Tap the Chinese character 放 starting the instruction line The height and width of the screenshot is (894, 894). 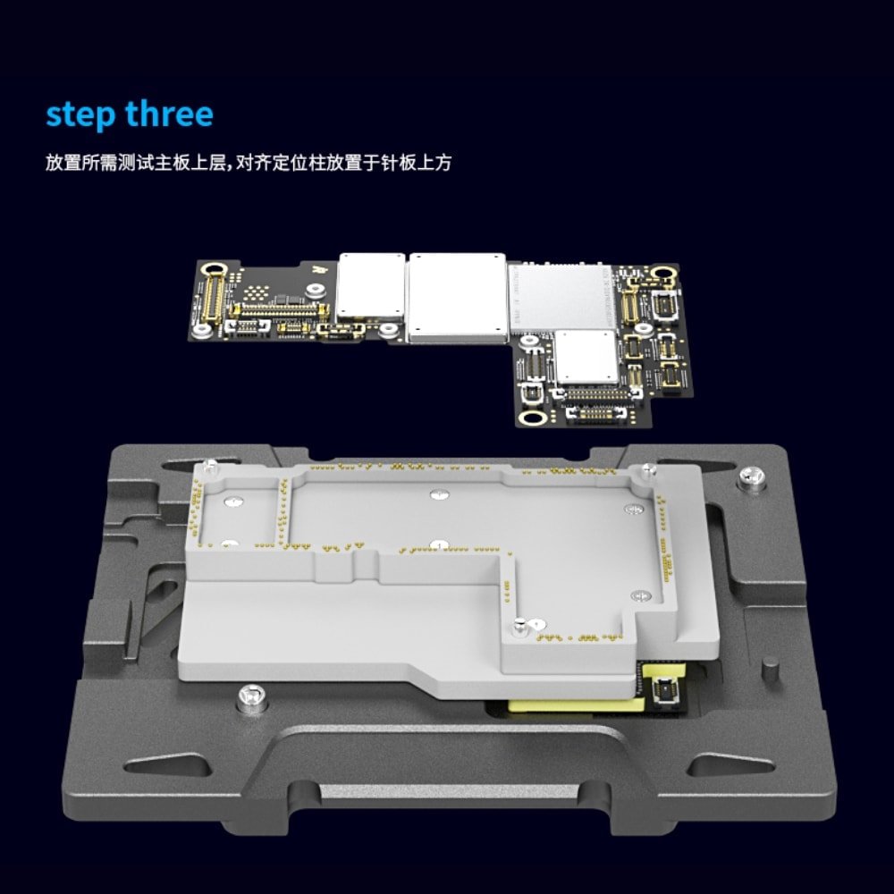coord(55,163)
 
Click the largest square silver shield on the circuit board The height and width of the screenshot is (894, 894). coord(457,298)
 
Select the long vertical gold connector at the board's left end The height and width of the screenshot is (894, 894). coord(214,299)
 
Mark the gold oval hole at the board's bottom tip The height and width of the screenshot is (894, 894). coord(534,417)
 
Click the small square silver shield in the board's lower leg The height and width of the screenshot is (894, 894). coord(586,357)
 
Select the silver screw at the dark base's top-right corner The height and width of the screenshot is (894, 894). coord(751,477)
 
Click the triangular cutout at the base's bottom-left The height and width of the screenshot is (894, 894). coord(166,764)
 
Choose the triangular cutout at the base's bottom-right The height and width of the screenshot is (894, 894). coord(730,764)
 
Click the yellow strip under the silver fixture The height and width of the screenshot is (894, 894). coord(577,704)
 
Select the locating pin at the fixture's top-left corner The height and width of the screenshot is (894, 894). coord(210,465)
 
